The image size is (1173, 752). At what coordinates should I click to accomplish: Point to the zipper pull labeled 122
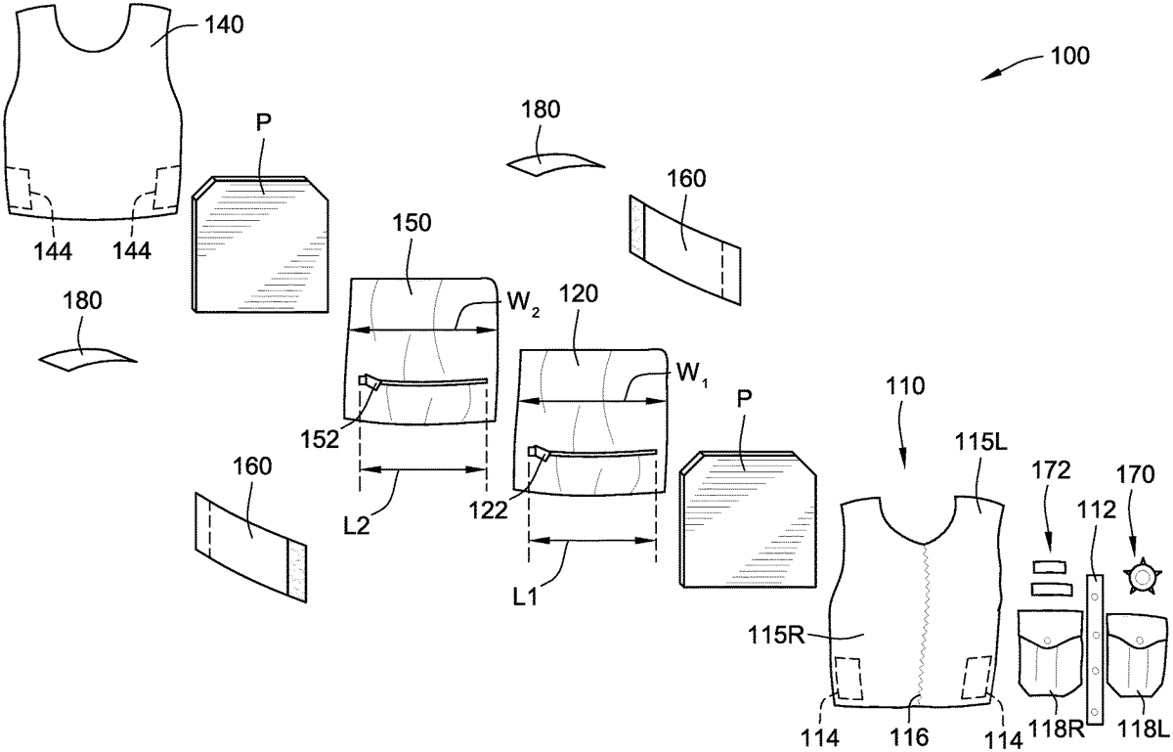(537, 453)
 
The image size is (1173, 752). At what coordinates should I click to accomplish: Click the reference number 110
(900, 414)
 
